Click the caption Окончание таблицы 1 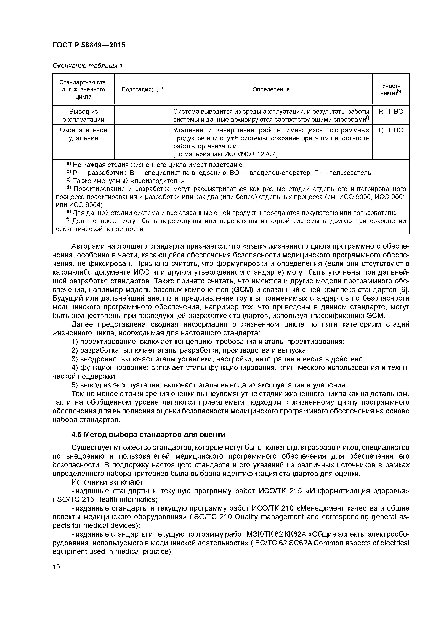pos(87,66)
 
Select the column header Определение pos(271,89)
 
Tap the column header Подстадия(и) pos(142,89)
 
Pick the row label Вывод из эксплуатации pos(83,115)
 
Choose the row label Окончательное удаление pos(83,134)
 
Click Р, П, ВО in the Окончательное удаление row pos(390,130)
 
